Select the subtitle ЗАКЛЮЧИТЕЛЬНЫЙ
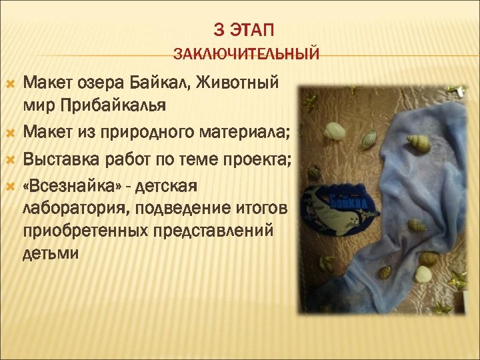click(x=246, y=53)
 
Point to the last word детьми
click(x=51, y=254)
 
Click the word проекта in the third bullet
click(x=262, y=160)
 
